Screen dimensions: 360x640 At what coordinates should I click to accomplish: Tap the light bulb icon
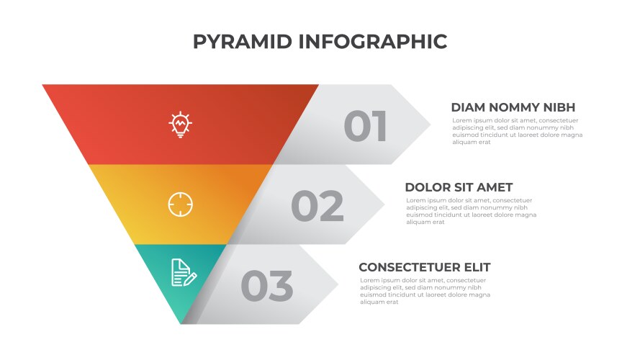(180, 125)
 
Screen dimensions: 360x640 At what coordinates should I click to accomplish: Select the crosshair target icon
(180, 204)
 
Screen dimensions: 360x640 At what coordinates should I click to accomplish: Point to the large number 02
(317, 207)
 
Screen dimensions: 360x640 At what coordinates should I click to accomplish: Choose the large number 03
(266, 286)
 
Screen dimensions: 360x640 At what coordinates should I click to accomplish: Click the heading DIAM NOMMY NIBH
(513, 107)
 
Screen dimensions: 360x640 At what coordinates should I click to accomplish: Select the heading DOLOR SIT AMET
(459, 187)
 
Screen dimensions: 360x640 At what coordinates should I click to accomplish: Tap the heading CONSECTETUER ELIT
(424, 267)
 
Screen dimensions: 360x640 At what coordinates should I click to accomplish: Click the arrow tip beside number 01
(421, 125)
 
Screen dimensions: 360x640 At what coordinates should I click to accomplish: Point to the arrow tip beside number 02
(375, 204)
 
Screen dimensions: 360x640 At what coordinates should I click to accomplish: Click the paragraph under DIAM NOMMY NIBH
(517, 132)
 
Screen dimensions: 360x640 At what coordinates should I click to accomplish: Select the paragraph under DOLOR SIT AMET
(471, 211)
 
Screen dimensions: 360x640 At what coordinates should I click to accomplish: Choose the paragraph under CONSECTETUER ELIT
(425, 291)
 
